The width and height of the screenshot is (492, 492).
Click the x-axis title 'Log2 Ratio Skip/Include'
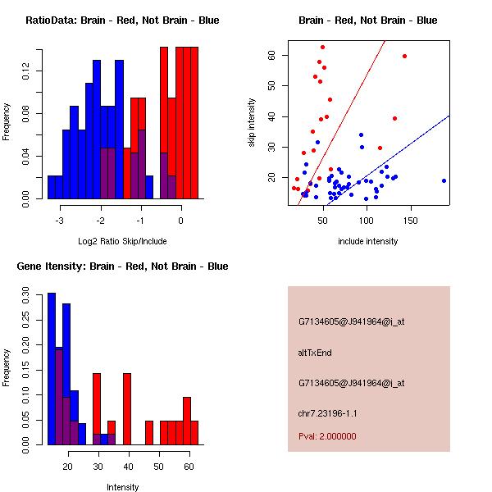point(123,241)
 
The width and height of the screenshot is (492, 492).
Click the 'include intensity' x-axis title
point(368,241)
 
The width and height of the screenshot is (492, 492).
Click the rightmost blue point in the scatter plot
point(444,180)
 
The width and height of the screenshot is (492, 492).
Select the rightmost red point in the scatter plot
point(405,56)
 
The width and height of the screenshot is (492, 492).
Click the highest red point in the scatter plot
point(322,47)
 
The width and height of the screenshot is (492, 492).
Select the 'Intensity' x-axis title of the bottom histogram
point(123,487)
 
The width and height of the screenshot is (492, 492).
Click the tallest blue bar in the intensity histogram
point(51,369)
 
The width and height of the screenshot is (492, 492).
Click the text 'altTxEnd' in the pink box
point(315,353)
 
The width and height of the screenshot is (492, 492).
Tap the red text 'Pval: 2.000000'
point(327,436)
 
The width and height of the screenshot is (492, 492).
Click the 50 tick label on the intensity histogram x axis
point(159,467)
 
